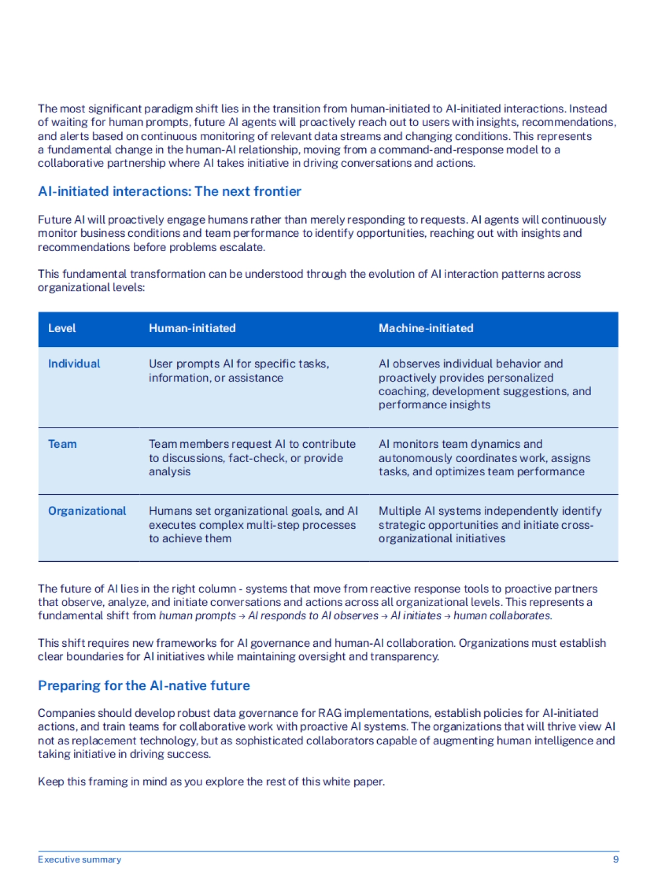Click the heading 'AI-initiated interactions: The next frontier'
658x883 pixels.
(x=169, y=191)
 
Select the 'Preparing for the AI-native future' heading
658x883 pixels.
(x=144, y=686)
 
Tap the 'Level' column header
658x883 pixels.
(x=62, y=328)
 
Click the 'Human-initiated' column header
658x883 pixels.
(x=192, y=328)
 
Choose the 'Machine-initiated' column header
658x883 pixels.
(x=426, y=328)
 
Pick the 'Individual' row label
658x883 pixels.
(x=74, y=364)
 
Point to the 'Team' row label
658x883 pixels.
(x=63, y=444)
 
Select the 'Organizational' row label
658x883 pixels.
(x=87, y=511)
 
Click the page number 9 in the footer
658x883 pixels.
(x=616, y=859)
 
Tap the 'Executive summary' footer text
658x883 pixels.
(x=80, y=859)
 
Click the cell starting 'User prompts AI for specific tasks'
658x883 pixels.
(x=239, y=371)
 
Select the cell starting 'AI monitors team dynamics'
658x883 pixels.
(x=484, y=458)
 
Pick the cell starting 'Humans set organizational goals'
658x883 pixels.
(x=253, y=525)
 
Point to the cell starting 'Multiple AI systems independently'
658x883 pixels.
(x=490, y=525)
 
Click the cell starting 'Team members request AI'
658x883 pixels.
(x=252, y=458)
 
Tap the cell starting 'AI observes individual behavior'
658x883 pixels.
(x=485, y=384)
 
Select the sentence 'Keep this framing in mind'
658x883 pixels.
(x=211, y=782)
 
